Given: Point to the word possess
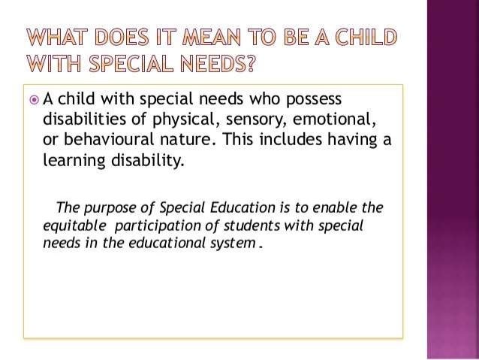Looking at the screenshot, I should [x=313, y=101].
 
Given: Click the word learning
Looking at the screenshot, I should [x=73, y=161].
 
